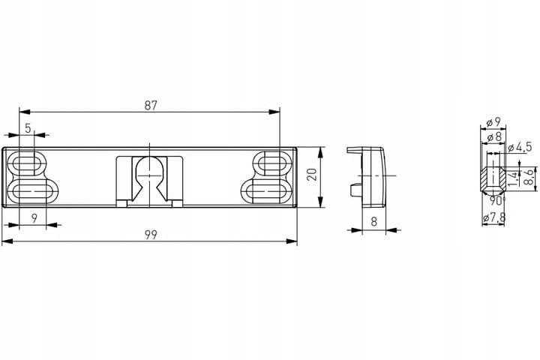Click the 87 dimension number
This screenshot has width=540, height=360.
pos(151,106)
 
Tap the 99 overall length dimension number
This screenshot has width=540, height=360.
pos(151,235)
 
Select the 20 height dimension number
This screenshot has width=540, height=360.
pos(312,175)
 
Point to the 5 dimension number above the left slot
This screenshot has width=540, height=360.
pos(28,128)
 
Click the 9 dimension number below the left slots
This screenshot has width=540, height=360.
pos(34,218)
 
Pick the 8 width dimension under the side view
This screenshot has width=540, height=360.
pos(374,221)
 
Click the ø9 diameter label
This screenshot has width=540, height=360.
pos(493,122)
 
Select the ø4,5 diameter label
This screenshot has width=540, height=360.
pos(520,148)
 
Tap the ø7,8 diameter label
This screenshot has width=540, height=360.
pos(494,217)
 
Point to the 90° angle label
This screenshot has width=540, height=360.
pos(497,201)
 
